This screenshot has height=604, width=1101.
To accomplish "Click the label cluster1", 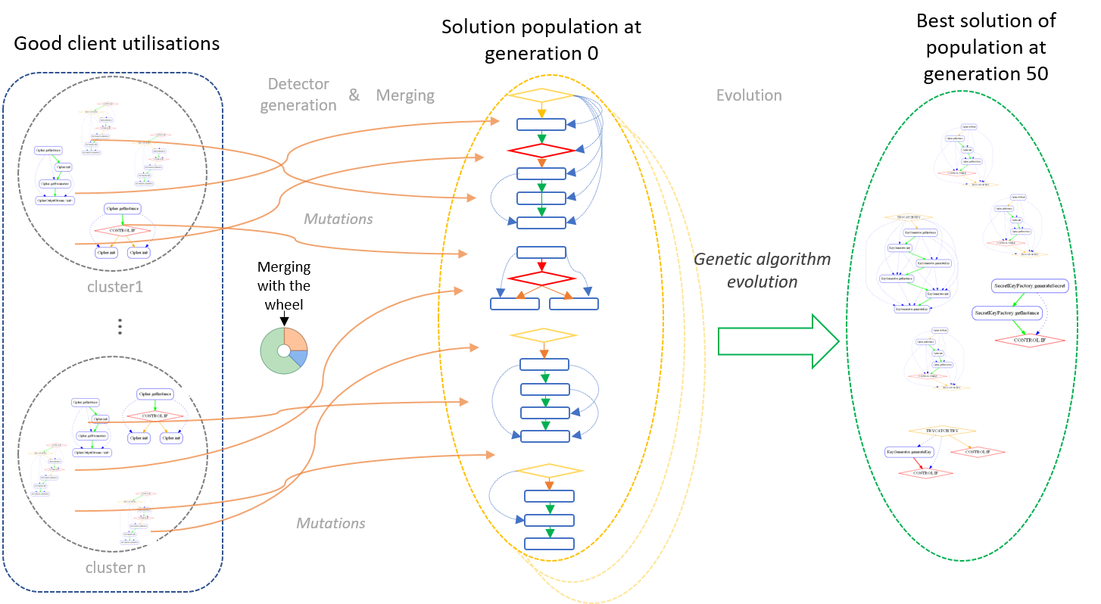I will point(116,287).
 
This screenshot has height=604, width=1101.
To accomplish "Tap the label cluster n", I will point(116,568).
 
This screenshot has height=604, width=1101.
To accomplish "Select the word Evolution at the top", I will point(748,95).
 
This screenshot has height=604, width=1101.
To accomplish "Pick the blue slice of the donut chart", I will point(299,358).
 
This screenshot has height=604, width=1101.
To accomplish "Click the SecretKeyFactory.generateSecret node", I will point(1029,286).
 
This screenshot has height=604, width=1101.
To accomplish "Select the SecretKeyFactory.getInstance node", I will point(1008,313).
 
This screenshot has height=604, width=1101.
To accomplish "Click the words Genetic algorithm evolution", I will point(763,270).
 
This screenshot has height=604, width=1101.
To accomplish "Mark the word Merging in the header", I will point(406,95).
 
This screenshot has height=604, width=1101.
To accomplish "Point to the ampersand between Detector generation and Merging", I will point(354,95).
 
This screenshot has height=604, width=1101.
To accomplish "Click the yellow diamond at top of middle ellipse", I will point(541,96).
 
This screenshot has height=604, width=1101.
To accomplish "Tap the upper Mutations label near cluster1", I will point(338,219).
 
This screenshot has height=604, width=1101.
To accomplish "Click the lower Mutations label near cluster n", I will point(331,523).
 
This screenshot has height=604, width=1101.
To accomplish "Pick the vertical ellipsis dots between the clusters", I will point(120,326).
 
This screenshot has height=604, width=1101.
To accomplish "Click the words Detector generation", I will point(298,95).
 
